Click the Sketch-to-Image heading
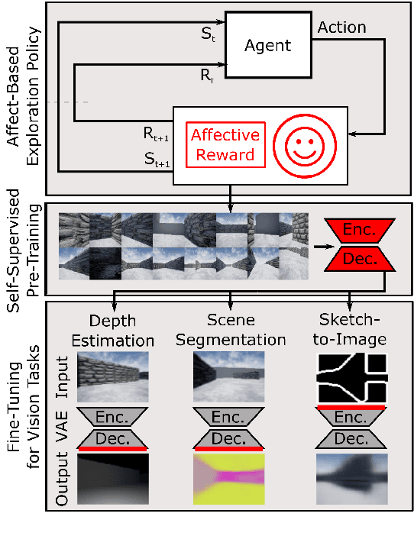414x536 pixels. pos(351,330)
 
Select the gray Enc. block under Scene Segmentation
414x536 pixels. pos(228,417)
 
